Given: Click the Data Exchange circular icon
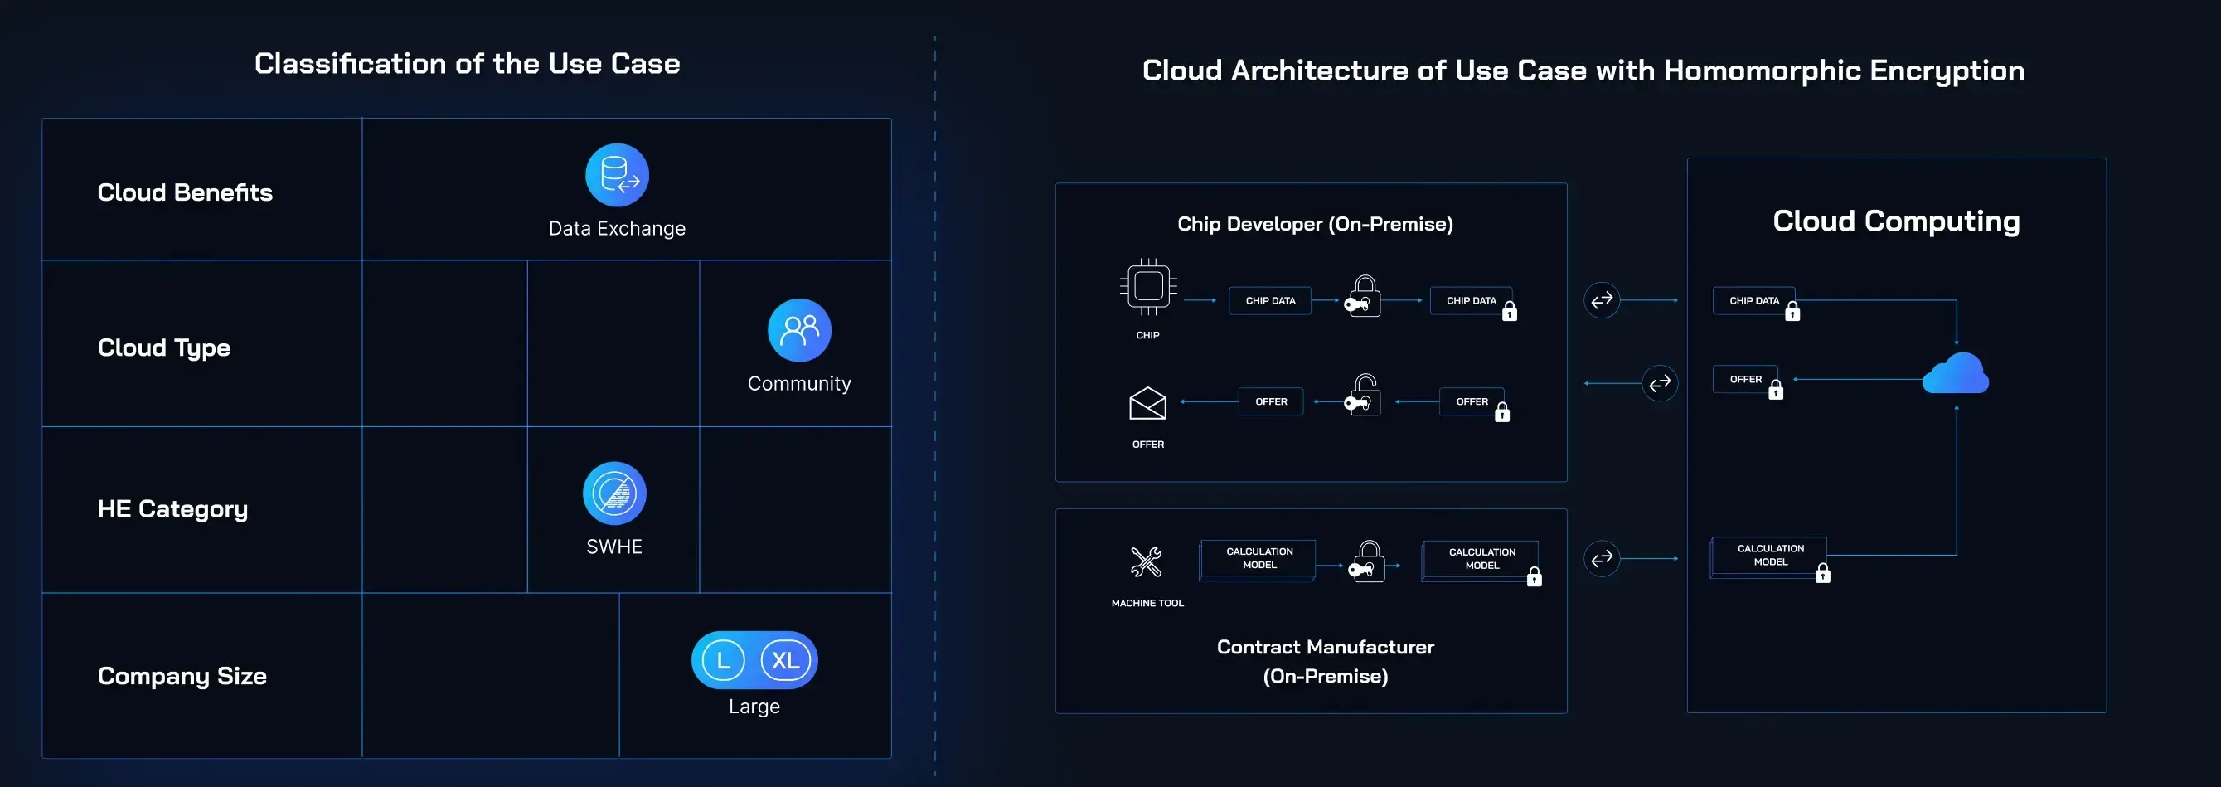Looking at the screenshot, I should [617, 175].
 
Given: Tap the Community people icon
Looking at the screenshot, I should [799, 330].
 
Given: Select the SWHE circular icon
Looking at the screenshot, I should [613, 493].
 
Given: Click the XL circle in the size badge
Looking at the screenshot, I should [784, 660].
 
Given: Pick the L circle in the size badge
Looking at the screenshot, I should [723, 660].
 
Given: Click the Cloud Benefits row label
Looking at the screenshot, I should [185, 192].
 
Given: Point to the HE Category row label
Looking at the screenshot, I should [172, 508].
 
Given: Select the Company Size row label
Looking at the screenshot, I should [182, 676].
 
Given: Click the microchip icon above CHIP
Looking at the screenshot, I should [1147, 287].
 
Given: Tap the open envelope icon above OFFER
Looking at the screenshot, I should [1147, 402].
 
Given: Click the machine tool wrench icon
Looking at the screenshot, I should [1146, 562].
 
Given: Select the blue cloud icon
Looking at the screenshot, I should [1956, 374].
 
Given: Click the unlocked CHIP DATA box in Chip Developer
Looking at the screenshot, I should [1270, 301].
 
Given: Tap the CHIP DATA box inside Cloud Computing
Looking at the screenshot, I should [1753, 301].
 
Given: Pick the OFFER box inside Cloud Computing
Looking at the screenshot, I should [1745, 379].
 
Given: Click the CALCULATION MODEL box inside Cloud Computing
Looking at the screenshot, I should [1769, 555].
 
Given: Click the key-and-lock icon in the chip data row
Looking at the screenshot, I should [1363, 298].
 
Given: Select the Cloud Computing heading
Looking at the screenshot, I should [1895, 221].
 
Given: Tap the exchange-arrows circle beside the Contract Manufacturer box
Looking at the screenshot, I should [1601, 559].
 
